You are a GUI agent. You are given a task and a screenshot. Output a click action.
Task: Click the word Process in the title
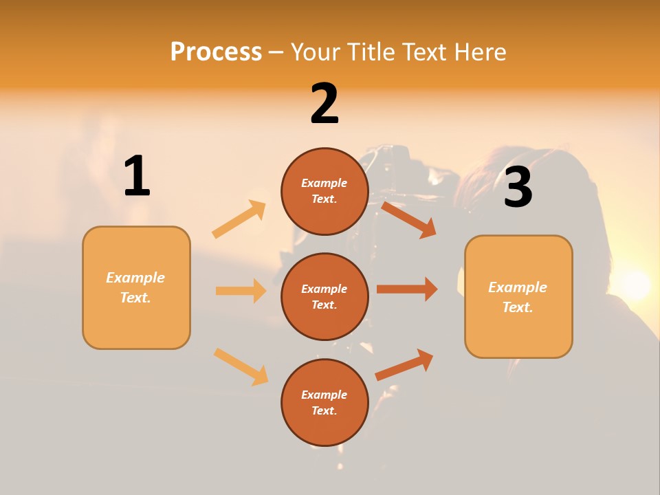[216, 52]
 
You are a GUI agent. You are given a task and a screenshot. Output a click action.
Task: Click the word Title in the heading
[370, 52]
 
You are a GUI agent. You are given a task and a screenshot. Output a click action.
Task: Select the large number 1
[137, 176]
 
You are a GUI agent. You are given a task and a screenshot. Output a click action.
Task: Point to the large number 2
[324, 104]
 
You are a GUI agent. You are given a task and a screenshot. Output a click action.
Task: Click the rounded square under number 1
[136, 287]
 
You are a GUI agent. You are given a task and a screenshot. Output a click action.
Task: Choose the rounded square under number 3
[518, 296]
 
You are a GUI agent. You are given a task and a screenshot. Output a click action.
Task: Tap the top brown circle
[324, 191]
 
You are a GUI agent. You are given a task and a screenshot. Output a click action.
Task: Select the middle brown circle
[324, 296]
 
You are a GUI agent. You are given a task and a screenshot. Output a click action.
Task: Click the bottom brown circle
[324, 402]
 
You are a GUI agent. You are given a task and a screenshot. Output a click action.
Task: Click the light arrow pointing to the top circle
[239, 219]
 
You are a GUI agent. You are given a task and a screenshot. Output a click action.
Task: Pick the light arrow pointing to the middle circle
[241, 291]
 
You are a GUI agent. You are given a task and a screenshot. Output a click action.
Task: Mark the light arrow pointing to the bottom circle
[241, 366]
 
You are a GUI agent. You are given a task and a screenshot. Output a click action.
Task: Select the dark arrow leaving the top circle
[409, 219]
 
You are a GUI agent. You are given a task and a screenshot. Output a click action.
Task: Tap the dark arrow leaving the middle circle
[407, 289]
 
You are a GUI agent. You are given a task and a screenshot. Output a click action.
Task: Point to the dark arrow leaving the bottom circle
[404, 365]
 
